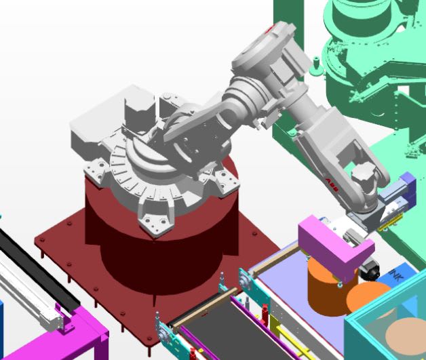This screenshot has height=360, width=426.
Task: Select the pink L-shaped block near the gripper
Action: pyautogui.click(x=330, y=244)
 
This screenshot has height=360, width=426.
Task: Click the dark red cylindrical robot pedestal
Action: pyautogui.click(x=163, y=244)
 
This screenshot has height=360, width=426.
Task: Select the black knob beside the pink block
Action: pyautogui.click(x=369, y=268)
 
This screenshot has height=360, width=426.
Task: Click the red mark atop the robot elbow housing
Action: pyautogui.click(x=272, y=29)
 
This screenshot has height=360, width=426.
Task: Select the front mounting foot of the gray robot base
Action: pyautogui.click(x=152, y=223)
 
